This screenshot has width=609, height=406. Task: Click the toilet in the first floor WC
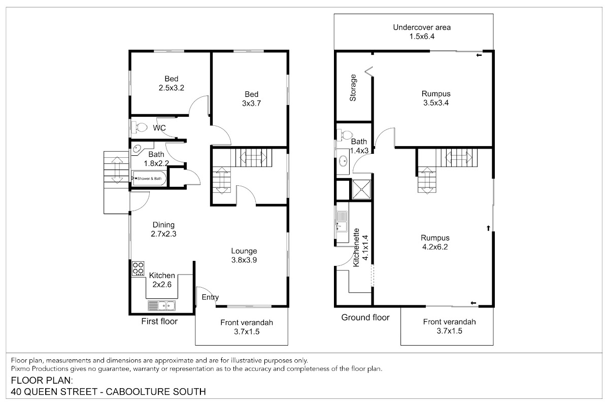[140, 127]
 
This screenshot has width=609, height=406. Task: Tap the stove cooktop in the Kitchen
[138, 268]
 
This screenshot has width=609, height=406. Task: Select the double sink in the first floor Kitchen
[161, 306]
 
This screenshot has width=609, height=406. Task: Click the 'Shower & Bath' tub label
[149, 179]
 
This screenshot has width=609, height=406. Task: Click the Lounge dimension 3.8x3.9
[244, 260]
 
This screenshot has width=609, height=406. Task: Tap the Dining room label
[163, 225]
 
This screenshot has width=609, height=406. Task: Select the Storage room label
[353, 88]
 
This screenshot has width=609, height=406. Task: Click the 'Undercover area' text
[422, 27]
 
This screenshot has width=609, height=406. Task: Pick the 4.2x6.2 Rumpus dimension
[435, 247]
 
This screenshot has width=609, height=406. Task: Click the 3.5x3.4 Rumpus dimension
[436, 103]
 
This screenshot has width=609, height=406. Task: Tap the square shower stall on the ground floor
[361, 189]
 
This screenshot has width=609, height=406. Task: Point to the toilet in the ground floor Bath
[345, 135]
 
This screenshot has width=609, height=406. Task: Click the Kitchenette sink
[342, 222]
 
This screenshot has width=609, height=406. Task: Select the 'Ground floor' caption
[365, 317]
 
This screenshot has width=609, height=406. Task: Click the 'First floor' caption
[159, 321]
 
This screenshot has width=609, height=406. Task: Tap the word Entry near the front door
[210, 297]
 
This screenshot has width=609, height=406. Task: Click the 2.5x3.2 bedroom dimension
[172, 88]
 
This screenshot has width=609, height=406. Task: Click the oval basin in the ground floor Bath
[343, 161]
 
